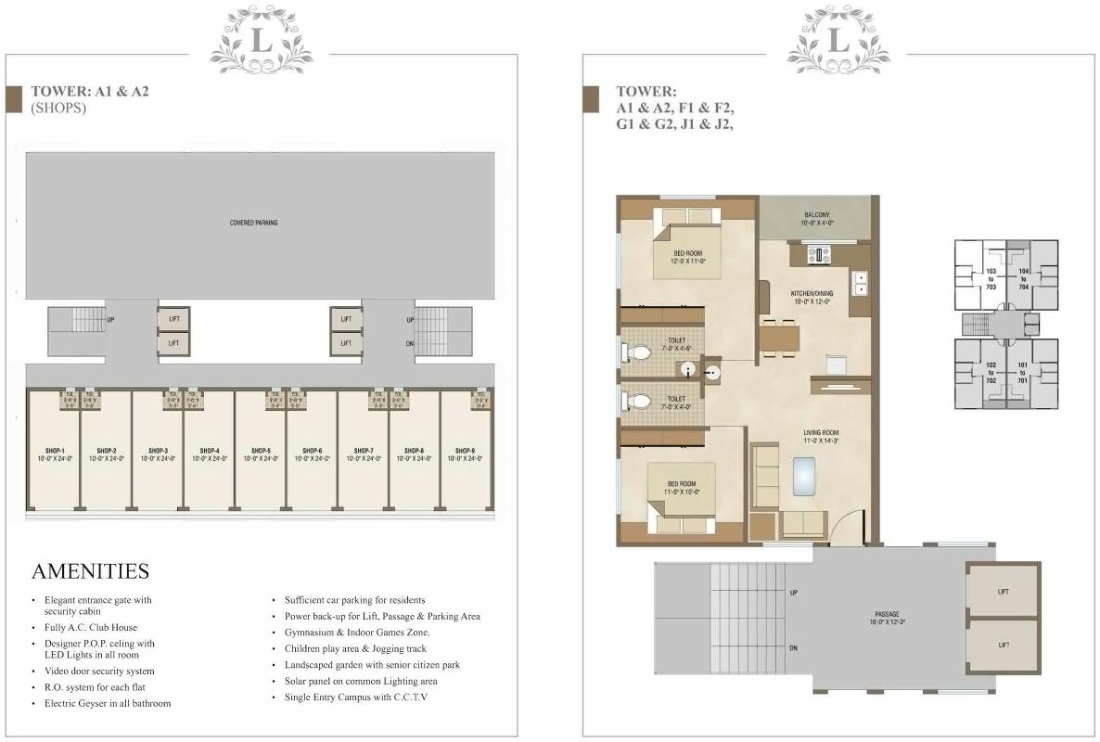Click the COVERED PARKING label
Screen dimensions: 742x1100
(x=253, y=223)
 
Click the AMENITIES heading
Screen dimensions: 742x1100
(x=90, y=570)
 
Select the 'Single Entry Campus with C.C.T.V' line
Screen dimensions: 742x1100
(x=355, y=697)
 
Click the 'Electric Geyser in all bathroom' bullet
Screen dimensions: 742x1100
(x=107, y=704)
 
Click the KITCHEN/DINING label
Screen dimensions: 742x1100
(x=813, y=297)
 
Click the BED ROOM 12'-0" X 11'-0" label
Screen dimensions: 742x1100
(x=687, y=257)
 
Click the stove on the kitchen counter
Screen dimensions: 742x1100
(x=818, y=254)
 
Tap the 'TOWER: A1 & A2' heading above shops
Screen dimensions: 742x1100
(x=90, y=92)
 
